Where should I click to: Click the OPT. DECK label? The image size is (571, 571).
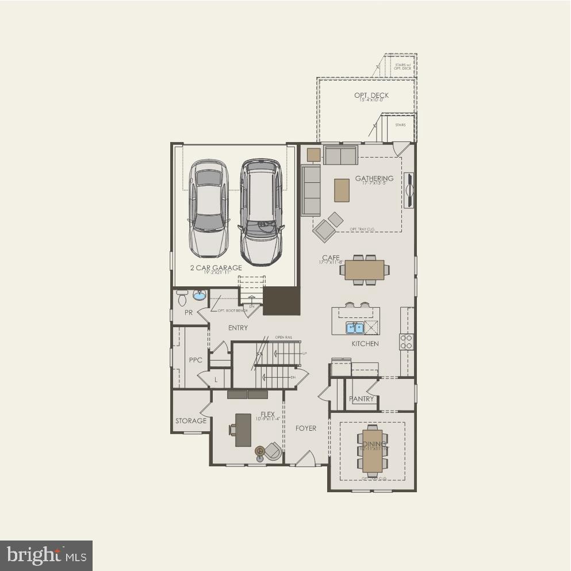click(x=371, y=95)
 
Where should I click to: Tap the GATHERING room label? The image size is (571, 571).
click(x=374, y=178)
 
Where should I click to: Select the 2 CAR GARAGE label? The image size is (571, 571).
click(x=216, y=268)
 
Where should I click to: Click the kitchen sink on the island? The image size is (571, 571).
click(x=354, y=328)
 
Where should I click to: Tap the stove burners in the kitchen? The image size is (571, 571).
click(x=406, y=342)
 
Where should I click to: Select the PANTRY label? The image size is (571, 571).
click(x=361, y=398)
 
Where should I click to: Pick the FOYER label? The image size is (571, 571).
click(x=306, y=428)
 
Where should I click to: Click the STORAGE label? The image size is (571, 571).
click(x=191, y=421)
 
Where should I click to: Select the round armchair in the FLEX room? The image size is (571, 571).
click(x=269, y=451)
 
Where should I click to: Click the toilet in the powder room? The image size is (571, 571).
click(x=182, y=298)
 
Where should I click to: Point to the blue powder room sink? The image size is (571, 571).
click(x=199, y=296)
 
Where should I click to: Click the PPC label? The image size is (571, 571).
click(x=196, y=361)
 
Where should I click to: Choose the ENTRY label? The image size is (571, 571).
click(x=238, y=328)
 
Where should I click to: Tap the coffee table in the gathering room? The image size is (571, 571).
click(x=342, y=190)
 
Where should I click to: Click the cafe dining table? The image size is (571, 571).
click(x=365, y=270)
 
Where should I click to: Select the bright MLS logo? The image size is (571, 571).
click(x=47, y=555)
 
